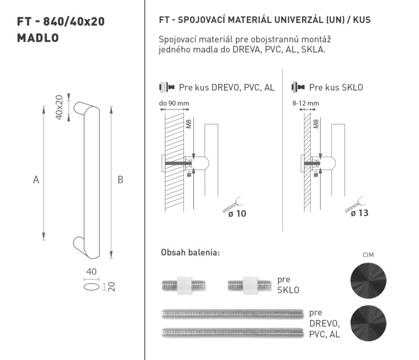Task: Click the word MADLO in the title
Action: click(38, 38)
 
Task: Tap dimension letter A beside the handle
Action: click(36, 180)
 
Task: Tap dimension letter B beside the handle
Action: click(120, 180)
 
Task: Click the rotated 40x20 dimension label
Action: click(59, 107)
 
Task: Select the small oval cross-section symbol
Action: click(91, 287)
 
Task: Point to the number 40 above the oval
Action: click(91, 271)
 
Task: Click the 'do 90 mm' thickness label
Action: click(174, 103)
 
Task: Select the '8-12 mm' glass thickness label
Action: click(306, 103)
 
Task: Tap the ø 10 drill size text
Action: click(237, 214)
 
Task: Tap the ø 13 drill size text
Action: click(359, 213)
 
